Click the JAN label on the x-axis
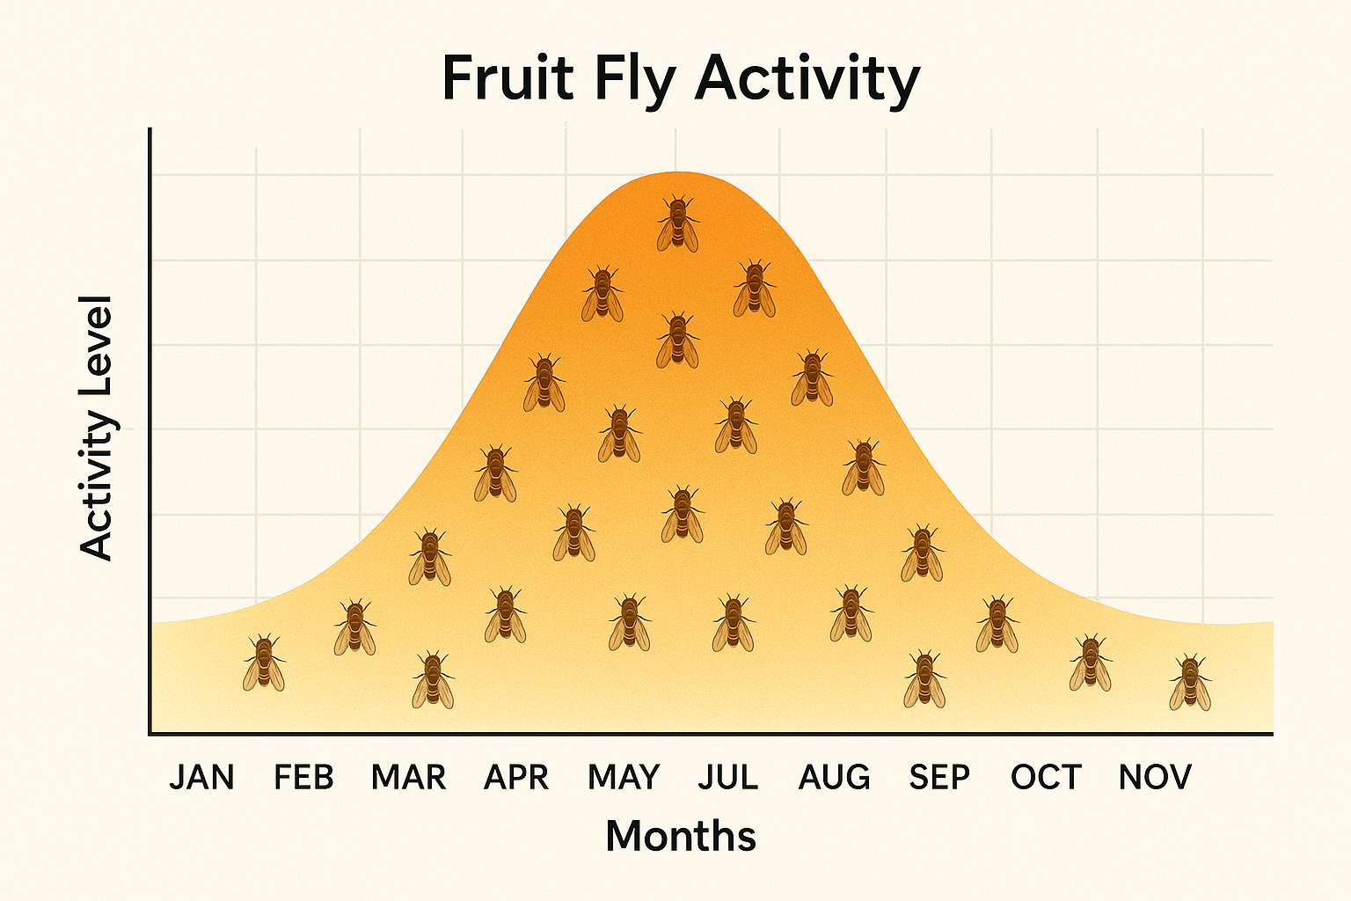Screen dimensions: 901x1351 tap(201, 778)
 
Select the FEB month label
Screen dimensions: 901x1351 tap(303, 778)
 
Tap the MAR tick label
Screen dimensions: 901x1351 tap(408, 778)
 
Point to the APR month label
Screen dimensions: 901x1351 tap(516, 778)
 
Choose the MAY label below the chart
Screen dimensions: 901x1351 tap(624, 778)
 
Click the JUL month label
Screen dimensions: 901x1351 tap(727, 778)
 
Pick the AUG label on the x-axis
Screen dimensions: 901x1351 tap(834, 778)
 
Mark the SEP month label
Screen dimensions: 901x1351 tap(939, 778)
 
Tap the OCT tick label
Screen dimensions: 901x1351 tap(1045, 778)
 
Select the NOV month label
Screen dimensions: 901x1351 tap(1155, 778)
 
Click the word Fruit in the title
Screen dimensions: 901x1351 tap(507, 78)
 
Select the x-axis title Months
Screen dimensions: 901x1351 tap(681, 836)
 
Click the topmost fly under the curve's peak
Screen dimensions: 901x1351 tap(677, 223)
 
